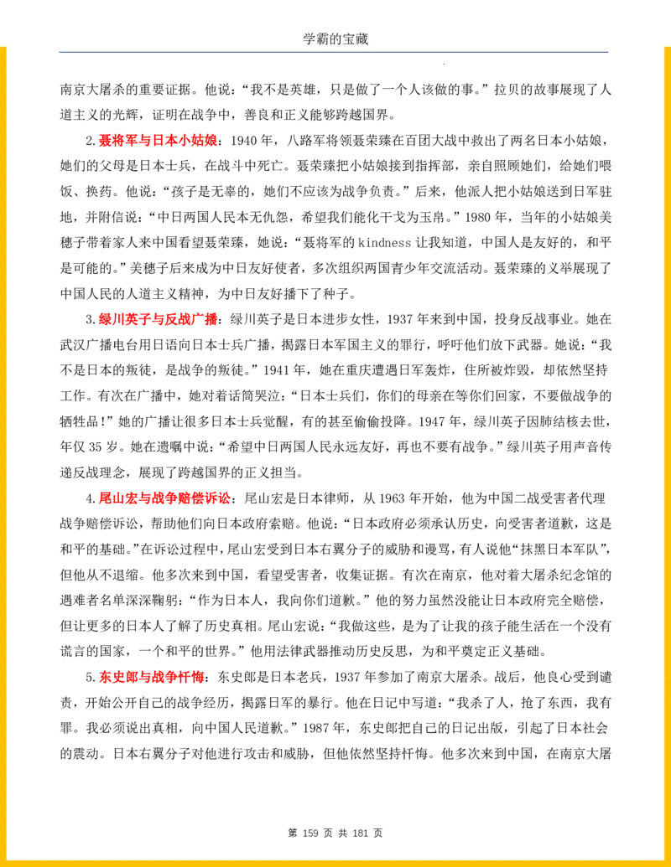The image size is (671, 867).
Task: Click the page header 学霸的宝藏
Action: [x=335, y=39]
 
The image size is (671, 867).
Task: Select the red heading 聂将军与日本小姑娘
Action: [x=158, y=141]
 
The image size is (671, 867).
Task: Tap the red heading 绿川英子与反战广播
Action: [x=158, y=319]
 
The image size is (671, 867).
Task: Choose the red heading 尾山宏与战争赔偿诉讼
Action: [x=164, y=498]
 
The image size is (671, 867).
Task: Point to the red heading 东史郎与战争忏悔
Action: [x=152, y=677]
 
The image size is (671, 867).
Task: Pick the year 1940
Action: [x=243, y=141]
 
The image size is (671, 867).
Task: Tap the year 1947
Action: [x=431, y=421]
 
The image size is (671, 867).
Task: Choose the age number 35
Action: [x=96, y=446]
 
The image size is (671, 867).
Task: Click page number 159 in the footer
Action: [x=310, y=833]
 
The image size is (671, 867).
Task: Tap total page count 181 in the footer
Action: [x=361, y=833]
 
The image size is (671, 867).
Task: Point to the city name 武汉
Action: [x=73, y=345]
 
